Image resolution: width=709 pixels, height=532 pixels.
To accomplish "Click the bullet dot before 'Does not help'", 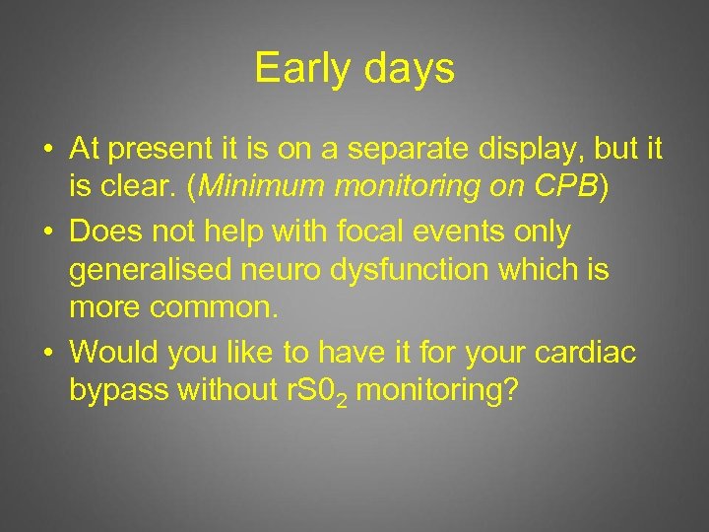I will [x=47, y=233].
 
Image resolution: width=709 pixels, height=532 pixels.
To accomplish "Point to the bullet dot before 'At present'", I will [x=47, y=151].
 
